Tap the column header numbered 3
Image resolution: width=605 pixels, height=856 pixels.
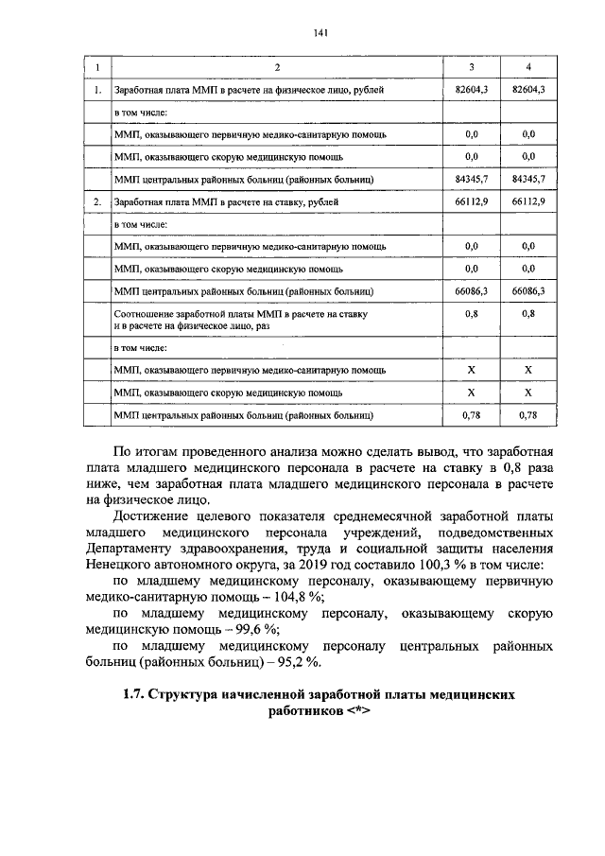(x=472, y=68)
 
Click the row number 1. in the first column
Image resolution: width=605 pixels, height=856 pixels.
(x=97, y=90)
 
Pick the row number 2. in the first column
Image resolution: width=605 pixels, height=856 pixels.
(x=97, y=202)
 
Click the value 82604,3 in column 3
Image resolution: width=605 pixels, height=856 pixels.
(x=472, y=90)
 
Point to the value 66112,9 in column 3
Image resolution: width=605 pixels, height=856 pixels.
(x=472, y=202)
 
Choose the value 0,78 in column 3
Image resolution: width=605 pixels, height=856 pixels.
(x=472, y=414)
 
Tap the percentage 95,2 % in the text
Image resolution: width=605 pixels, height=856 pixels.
(x=319, y=662)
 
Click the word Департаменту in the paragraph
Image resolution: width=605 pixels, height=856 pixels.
(x=135, y=547)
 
